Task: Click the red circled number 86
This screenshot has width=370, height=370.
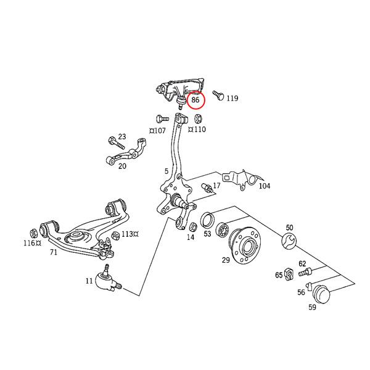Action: click(195, 99)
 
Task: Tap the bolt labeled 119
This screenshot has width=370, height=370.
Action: click(217, 95)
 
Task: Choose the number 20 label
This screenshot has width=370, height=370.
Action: click(122, 166)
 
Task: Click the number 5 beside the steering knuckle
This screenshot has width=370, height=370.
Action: click(166, 171)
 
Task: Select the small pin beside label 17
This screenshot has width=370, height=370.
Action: click(207, 187)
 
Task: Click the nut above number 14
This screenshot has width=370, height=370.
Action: click(191, 226)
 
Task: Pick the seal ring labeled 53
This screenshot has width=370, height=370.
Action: click(207, 219)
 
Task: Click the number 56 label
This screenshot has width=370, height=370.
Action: click(301, 292)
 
